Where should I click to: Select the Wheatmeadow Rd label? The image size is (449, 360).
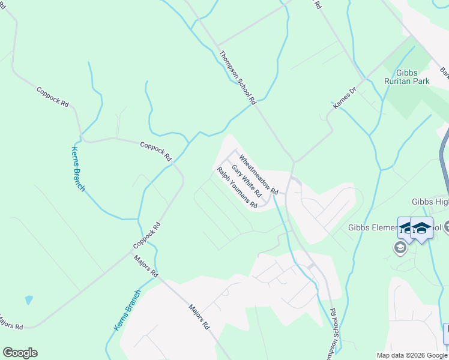(x=259, y=174)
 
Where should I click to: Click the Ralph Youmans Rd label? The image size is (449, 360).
(x=237, y=187)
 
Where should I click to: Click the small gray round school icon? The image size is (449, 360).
(x=400, y=248)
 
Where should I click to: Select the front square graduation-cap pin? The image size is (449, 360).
(x=421, y=228)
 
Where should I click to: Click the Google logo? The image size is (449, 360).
(x=20, y=353)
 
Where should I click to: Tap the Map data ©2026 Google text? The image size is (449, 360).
(x=412, y=355)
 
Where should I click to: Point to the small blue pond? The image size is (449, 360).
(x=29, y=299)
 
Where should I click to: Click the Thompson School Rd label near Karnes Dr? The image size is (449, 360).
(x=238, y=76)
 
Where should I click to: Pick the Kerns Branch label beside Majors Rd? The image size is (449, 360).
(x=127, y=310)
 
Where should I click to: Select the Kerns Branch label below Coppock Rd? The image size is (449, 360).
(x=78, y=169)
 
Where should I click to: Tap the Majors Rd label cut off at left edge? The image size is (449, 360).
(x=11, y=322)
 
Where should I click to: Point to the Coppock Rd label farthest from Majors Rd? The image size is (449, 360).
(x=53, y=97)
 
